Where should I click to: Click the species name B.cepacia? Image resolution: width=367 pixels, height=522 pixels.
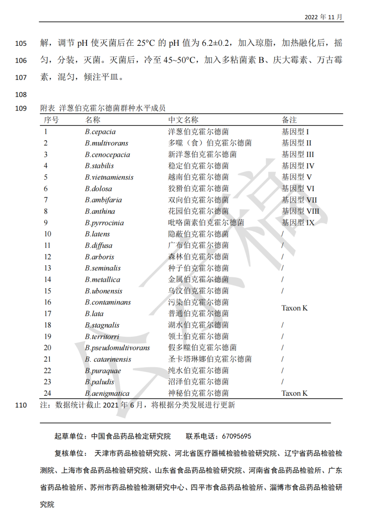[x=100, y=131]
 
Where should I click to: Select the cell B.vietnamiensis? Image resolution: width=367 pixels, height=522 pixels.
[x=109, y=177]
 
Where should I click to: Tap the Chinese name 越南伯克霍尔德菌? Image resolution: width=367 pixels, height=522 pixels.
[x=198, y=177]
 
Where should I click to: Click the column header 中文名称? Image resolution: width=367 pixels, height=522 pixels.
[x=183, y=120]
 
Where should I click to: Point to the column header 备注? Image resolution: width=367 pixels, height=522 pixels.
[x=289, y=120]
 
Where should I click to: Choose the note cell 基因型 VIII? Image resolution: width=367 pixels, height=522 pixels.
[x=300, y=211]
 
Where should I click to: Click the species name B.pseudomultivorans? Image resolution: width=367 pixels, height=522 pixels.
[x=117, y=348]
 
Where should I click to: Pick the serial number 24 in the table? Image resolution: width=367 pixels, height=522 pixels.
[x=48, y=393]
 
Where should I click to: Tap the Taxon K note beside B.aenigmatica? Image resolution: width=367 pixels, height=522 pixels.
[x=294, y=393]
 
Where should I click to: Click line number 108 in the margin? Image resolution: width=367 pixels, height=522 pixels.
[x=21, y=95]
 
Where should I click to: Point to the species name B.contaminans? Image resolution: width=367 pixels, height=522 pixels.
[x=108, y=302]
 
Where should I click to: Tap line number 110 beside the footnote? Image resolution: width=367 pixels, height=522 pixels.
[x=21, y=405]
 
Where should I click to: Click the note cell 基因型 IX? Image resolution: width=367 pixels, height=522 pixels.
[x=298, y=223]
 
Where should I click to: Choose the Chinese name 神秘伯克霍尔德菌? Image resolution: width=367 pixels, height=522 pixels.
[x=198, y=393]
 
